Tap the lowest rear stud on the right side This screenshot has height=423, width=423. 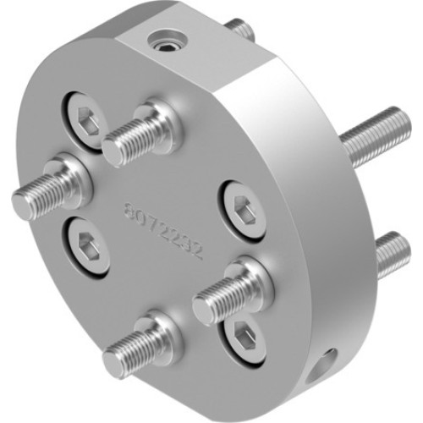click(x=391, y=253)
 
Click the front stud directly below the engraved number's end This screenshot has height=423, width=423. click(x=206, y=307)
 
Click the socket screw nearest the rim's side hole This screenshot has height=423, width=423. click(x=244, y=338)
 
